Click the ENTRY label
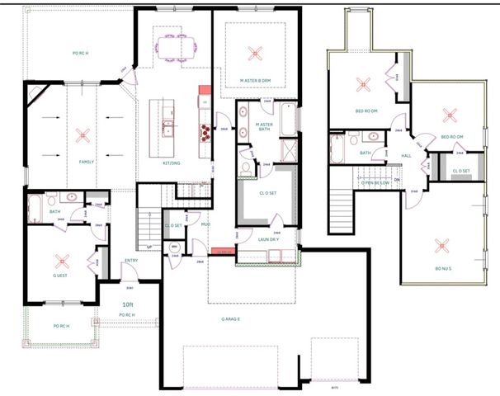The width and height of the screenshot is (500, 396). (130, 262)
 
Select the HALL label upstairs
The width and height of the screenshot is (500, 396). (406, 155)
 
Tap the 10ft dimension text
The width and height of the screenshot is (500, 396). (128, 304)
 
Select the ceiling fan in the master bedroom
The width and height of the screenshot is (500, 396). (253, 54)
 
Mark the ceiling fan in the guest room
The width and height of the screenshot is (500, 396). (59, 258)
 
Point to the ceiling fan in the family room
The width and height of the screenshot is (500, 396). (81, 134)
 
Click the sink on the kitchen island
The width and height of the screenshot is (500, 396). (169, 130)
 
